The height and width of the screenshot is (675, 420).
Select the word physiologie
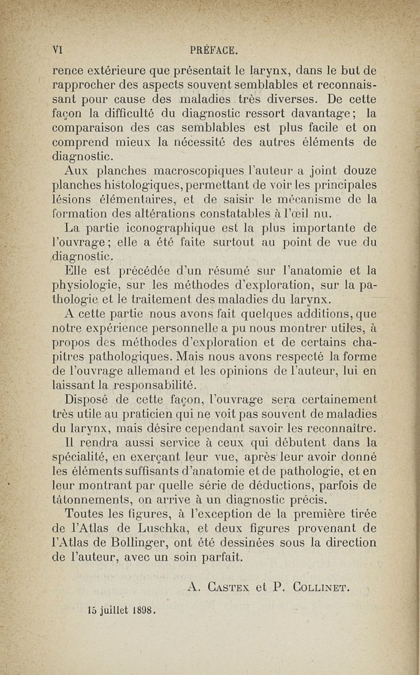(x=89, y=287)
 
